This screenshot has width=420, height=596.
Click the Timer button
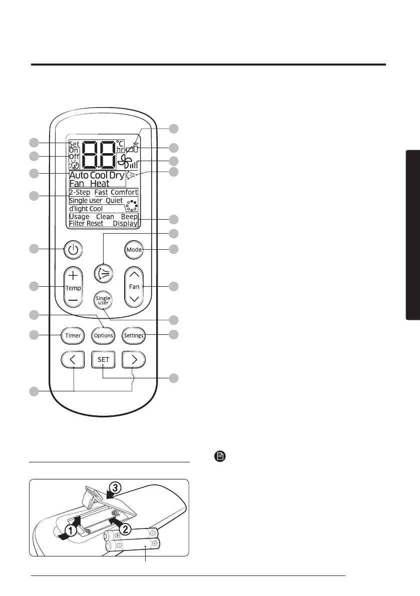(x=73, y=335)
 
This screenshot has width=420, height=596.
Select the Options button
(x=103, y=335)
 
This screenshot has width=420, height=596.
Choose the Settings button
(x=134, y=335)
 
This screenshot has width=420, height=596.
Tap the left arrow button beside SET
(x=73, y=359)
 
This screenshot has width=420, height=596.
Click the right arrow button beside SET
(x=134, y=359)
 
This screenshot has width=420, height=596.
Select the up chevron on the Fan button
(x=134, y=274)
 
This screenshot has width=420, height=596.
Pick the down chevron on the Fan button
(x=134, y=299)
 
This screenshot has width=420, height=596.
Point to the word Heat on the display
(x=99, y=184)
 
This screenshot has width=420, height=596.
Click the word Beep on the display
(x=129, y=217)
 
